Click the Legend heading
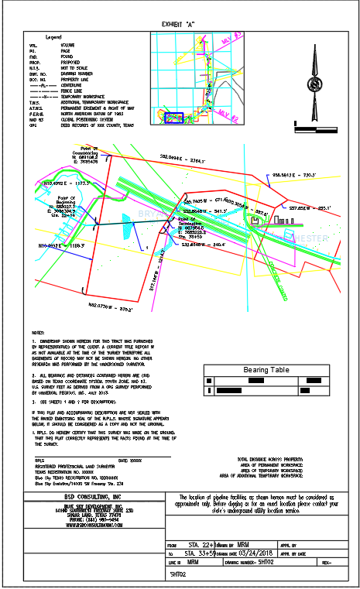coord(53,36)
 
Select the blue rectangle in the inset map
coord(174,118)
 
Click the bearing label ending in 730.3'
coord(294,176)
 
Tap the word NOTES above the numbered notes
coord(37,333)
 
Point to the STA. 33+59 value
coord(199,554)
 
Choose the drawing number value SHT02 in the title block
coord(266,564)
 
